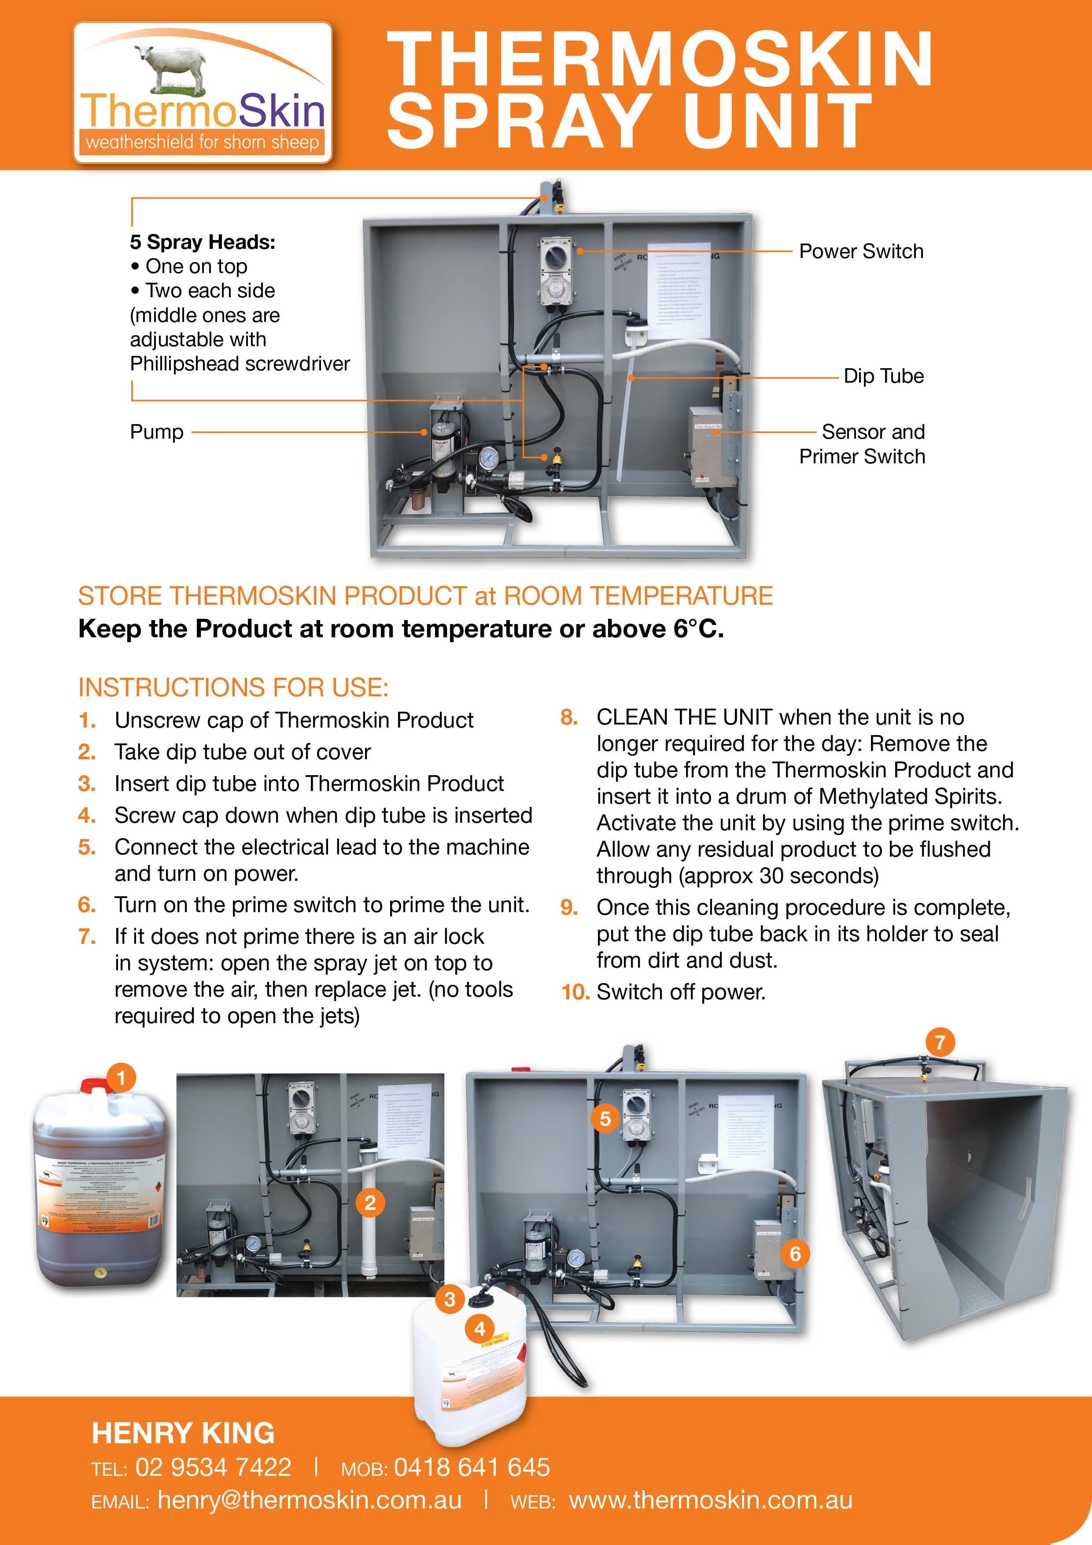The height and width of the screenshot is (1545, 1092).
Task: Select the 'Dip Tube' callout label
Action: tap(883, 376)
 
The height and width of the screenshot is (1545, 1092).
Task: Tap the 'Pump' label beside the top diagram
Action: tap(157, 432)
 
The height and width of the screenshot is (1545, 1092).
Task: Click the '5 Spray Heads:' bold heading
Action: tap(203, 242)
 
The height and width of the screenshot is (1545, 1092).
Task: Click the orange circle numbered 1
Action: tap(121, 1079)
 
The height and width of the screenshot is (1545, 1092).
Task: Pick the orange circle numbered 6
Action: tap(795, 1253)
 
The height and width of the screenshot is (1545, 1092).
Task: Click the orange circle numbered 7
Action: tap(940, 1042)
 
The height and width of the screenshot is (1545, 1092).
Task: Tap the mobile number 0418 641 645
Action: tap(472, 1467)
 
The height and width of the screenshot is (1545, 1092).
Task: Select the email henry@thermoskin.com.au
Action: tap(310, 1500)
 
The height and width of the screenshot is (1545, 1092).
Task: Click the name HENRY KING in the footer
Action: tap(183, 1433)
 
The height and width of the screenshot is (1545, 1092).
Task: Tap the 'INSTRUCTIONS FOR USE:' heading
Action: tap(233, 687)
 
